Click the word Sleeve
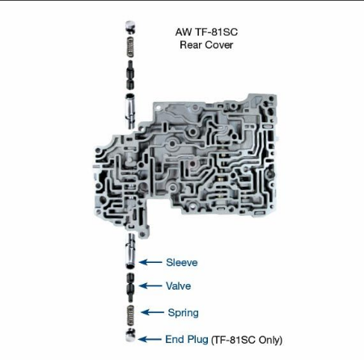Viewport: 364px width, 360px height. click(182, 262)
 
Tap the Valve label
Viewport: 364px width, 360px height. click(178, 286)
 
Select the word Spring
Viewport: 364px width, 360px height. click(183, 313)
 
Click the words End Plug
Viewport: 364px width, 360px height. click(187, 339)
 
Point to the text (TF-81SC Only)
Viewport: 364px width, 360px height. click(247, 340)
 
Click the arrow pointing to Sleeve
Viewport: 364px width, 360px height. click(150, 262)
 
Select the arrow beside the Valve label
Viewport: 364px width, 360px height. click(150, 286)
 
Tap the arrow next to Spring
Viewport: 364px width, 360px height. click(152, 312)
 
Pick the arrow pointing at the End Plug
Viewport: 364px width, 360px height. click(150, 339)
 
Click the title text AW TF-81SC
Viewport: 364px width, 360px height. click(206, 32)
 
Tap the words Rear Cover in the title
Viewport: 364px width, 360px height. click(206, 44)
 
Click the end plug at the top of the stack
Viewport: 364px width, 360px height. click(130, 27)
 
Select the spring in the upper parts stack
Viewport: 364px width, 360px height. click(130, 47)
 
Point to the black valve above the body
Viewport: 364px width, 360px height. click(130, 75)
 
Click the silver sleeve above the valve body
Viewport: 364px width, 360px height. click(130, 111)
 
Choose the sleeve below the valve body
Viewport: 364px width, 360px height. click(130, 251)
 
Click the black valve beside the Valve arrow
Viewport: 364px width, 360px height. click(130, 287)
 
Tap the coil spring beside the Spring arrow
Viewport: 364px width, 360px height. click(130, 316)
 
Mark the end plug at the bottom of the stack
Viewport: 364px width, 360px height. click(130, 335)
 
